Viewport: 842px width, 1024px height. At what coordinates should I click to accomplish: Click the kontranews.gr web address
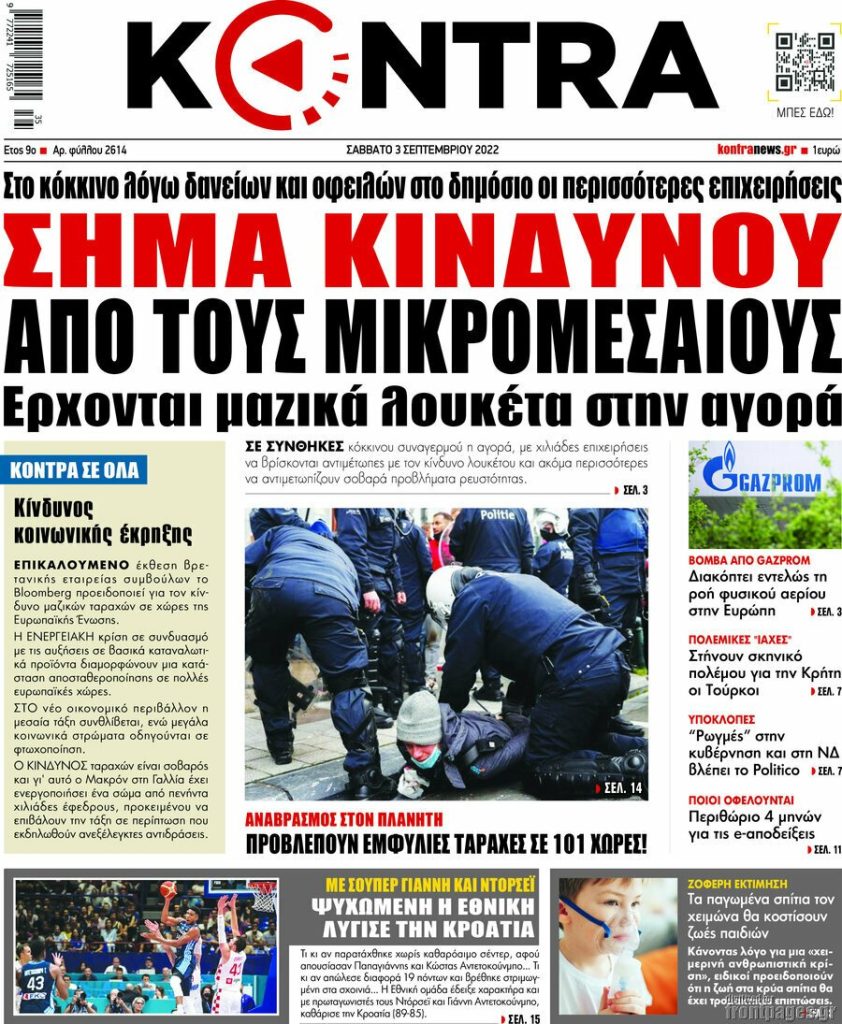(x=756, y=149)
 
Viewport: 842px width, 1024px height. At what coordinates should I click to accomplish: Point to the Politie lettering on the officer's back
(x=497, y=514)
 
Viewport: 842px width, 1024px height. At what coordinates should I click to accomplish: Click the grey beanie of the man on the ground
(x=418, y=717)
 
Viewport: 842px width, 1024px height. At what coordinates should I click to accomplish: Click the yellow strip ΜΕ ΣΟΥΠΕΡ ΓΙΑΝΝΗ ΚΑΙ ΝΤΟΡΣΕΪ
(x=430, y=884)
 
